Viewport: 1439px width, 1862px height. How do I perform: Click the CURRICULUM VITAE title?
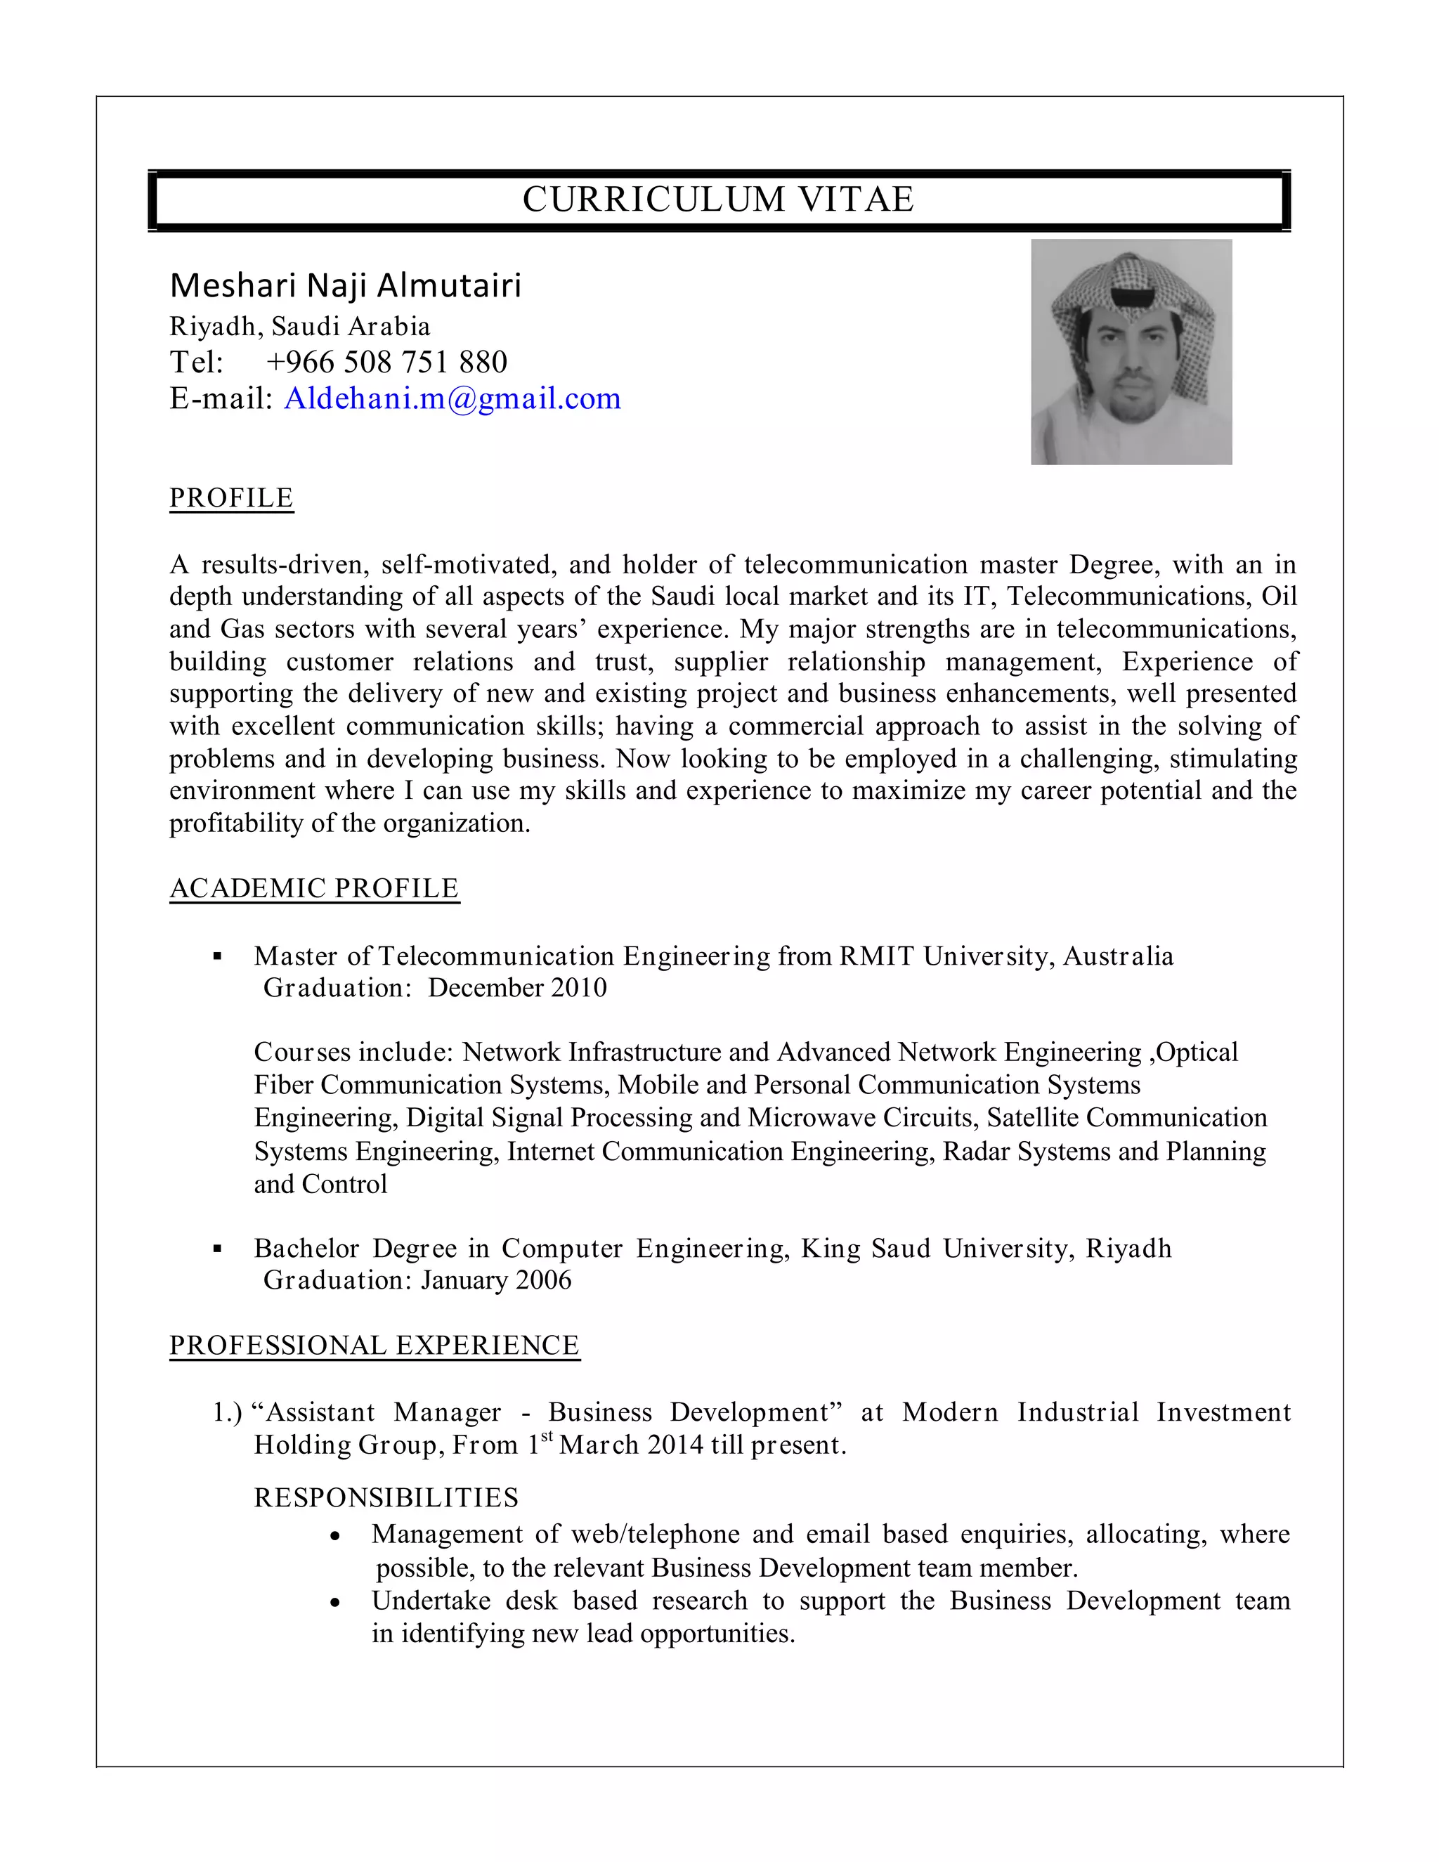point(718,200)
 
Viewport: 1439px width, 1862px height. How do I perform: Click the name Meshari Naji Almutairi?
point(345,285)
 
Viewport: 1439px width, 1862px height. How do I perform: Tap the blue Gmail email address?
point(452,398)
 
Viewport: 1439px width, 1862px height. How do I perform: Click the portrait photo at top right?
point(1131,351)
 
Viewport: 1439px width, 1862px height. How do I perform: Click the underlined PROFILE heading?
point(231,498)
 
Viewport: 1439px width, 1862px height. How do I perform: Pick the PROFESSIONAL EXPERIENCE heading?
point(375,1346)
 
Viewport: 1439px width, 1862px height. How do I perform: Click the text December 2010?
point(516,988)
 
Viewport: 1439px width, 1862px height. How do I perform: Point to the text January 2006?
point(495,1280)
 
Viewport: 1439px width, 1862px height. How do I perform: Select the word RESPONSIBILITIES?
point(386,1498)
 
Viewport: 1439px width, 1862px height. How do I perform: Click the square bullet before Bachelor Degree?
point(217,1250)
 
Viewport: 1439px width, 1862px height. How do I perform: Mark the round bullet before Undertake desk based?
point(336,1603)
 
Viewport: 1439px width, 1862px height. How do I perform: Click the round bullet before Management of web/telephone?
point(336,1536)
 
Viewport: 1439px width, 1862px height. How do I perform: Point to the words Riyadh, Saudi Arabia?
point(300,327)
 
